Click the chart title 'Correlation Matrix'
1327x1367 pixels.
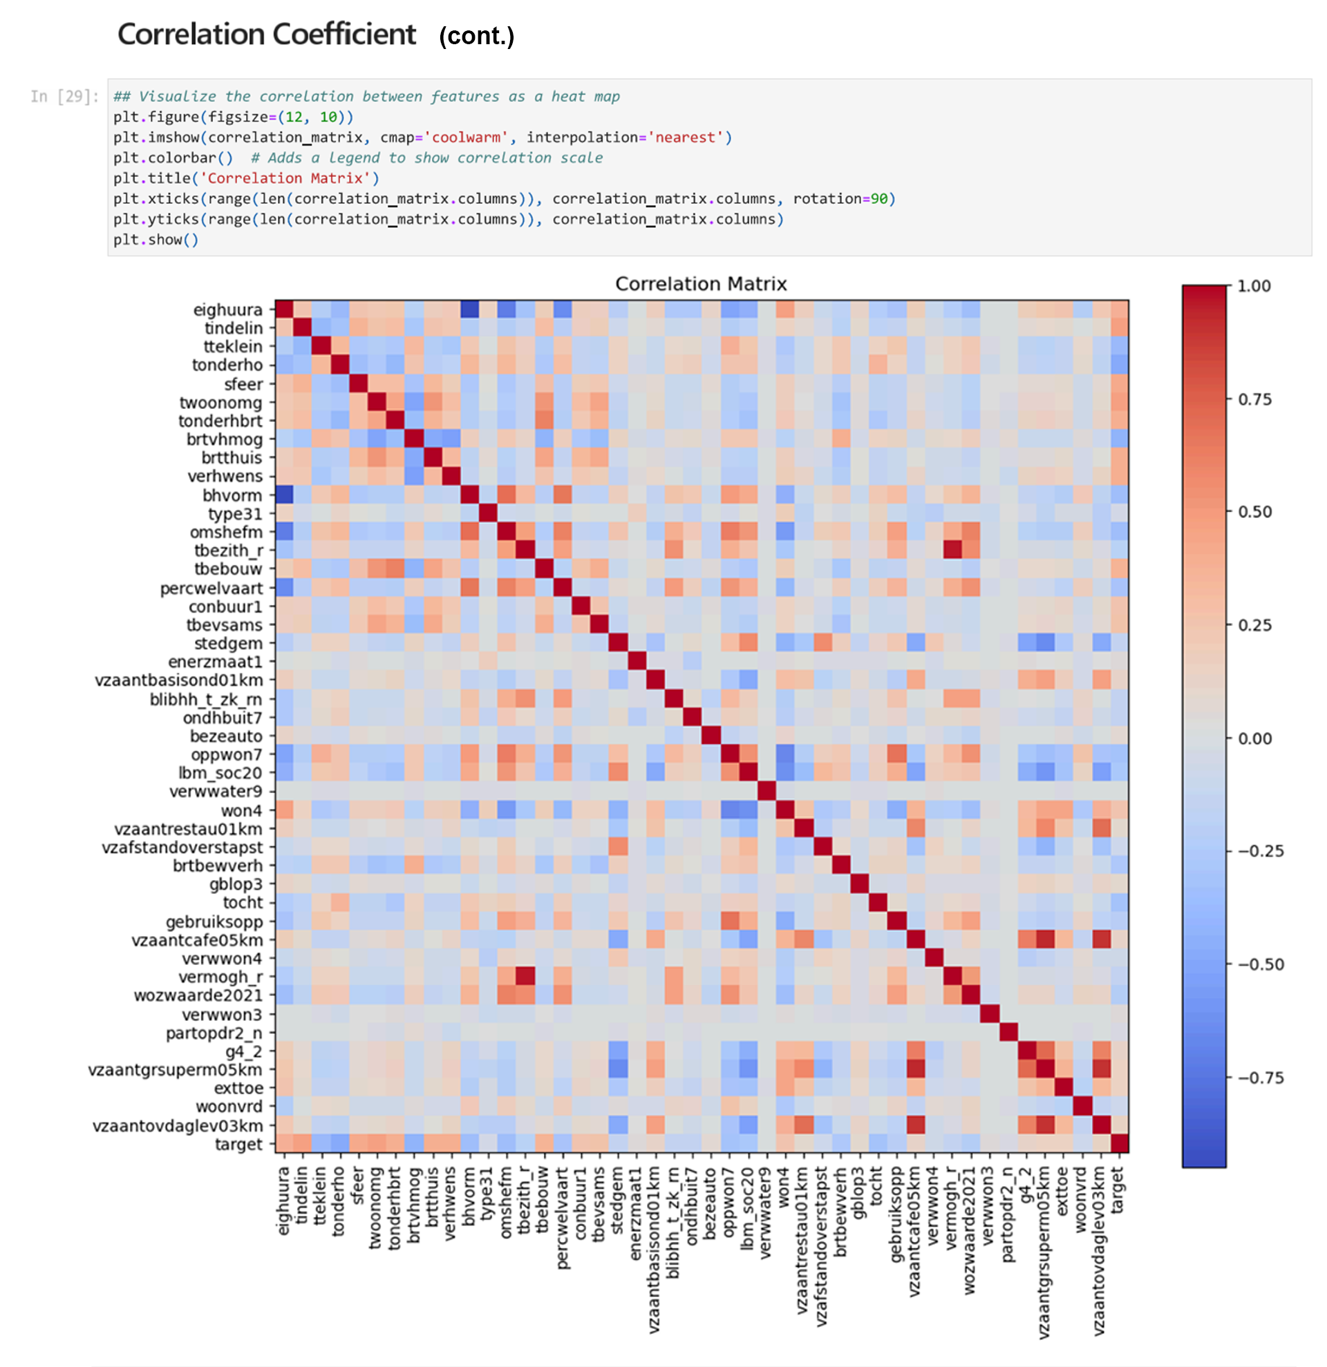pos(701,284)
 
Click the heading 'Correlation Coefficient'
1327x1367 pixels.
pos(267,34)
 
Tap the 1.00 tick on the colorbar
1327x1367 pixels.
pos(1254,286)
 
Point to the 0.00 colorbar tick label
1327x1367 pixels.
pos(1254,738)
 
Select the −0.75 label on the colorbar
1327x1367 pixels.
pos(1259,1078)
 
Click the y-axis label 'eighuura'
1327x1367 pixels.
pos(227,309)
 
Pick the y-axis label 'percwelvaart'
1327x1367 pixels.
pos(211,588)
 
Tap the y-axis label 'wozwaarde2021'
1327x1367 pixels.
pos(198,995)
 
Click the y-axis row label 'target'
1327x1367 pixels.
pos(238,1144)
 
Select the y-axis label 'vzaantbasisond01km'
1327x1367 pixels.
pos(178,680)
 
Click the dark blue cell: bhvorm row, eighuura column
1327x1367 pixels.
pos(284,495)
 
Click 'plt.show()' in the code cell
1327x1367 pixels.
pos(156,240)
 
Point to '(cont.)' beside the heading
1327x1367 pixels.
pos(476,37)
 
